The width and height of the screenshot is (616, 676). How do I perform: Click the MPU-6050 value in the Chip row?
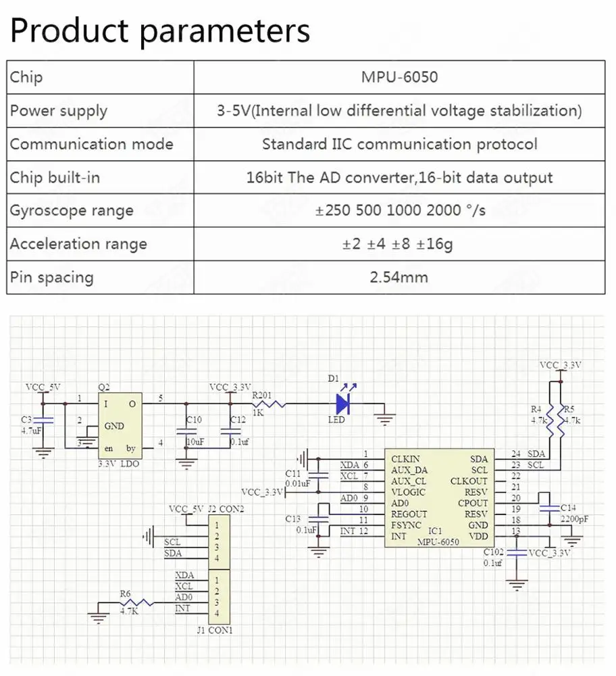(399, 77)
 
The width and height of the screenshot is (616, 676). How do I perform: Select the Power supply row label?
(59, 110)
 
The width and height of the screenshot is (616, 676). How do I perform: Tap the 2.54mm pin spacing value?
(399, 276)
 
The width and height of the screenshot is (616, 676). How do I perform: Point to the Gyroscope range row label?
(71, 210)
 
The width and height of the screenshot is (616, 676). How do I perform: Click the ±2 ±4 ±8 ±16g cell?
(399, 243)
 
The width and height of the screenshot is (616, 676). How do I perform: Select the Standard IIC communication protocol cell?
(399, 144)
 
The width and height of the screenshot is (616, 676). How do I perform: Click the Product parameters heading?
(160, 30)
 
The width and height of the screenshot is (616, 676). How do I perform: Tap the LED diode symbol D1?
(342, 404)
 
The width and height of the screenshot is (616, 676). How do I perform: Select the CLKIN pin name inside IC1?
(406, 459)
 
